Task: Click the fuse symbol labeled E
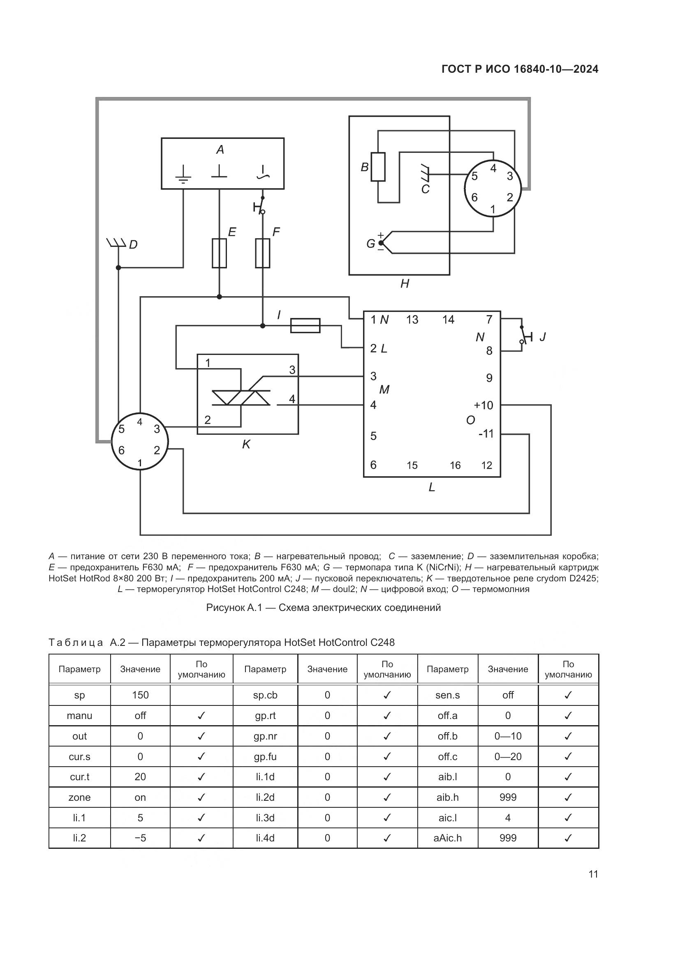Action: click(219, 253)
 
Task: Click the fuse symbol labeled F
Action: click(263, 253)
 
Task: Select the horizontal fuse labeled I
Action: click(305, 326)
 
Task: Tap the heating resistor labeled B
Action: click(378, 167)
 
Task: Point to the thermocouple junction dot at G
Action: click(381, 243)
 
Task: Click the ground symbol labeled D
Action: click(117, 243)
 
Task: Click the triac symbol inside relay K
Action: click(241, 398)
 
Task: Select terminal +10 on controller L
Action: click(483, 405)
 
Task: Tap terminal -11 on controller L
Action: click(486, 433)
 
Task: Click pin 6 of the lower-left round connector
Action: click(121, 450)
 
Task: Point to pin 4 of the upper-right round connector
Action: click(493, 168)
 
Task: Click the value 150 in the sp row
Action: click(140, 695)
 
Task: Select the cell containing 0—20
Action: click(508, 757)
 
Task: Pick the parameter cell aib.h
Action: click(447, 797)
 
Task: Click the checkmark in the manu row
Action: click(201, 716)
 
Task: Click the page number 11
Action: click(593, 874)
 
